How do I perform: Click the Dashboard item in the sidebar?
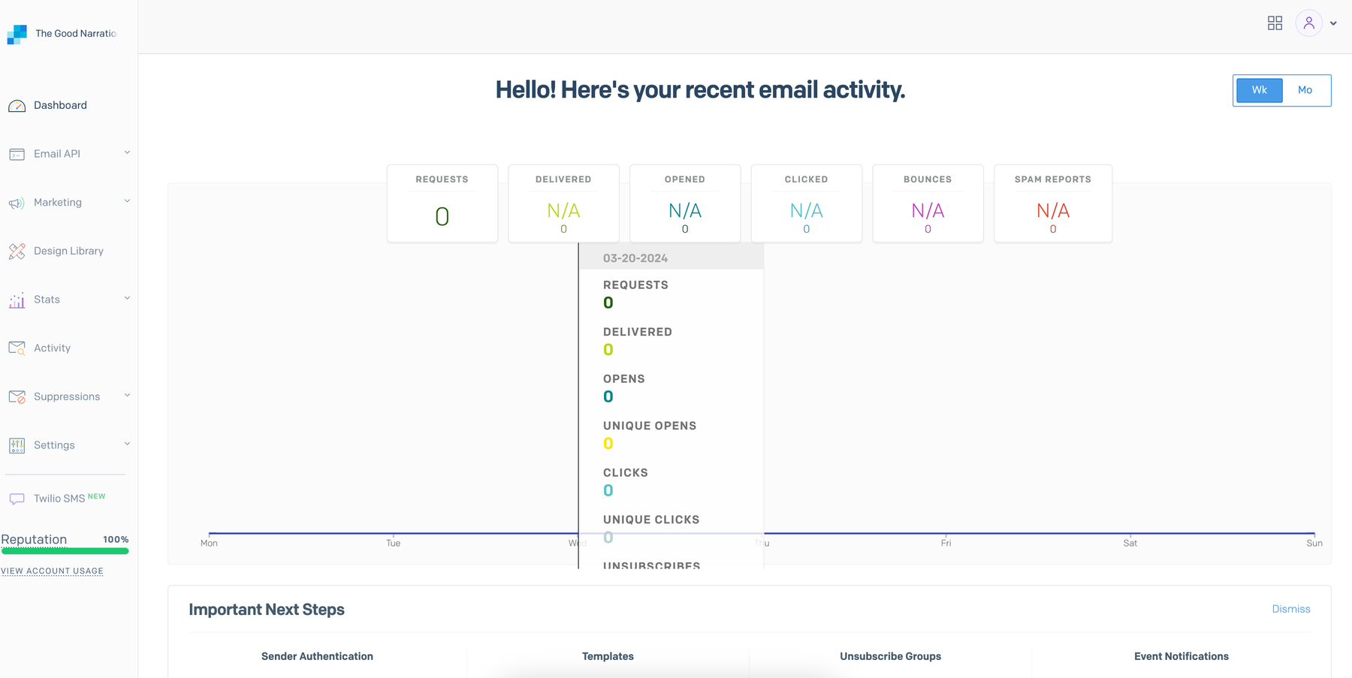[x=60, y=105]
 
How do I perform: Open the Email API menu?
[x=57, y=154]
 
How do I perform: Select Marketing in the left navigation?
[x=58, y=203]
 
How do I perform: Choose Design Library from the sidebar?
[x=68, y=251]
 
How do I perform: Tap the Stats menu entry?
[x=47, y=300]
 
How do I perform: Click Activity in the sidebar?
[x=52, y=348]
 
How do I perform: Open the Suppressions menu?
[x=67, y=396]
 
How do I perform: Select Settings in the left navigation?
[x=54, y=445]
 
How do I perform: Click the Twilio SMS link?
[x=59, y=499]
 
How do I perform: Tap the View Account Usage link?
[x=52, y=571]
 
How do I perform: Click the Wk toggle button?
[x=1259, y=90]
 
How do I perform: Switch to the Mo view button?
[x=1305, y=90]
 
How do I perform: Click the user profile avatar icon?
[x=1308, y=24]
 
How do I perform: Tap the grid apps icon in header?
[x=1275, y=23]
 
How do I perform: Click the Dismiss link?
[x=1290, y=609]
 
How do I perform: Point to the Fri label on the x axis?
[x=946, y=544]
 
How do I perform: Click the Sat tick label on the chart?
[x=1130, y=544]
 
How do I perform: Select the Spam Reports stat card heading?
[x=1052, y=179]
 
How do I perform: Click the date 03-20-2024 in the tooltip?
[x=635, y=258]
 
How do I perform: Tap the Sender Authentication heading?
[x=317, y=656]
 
